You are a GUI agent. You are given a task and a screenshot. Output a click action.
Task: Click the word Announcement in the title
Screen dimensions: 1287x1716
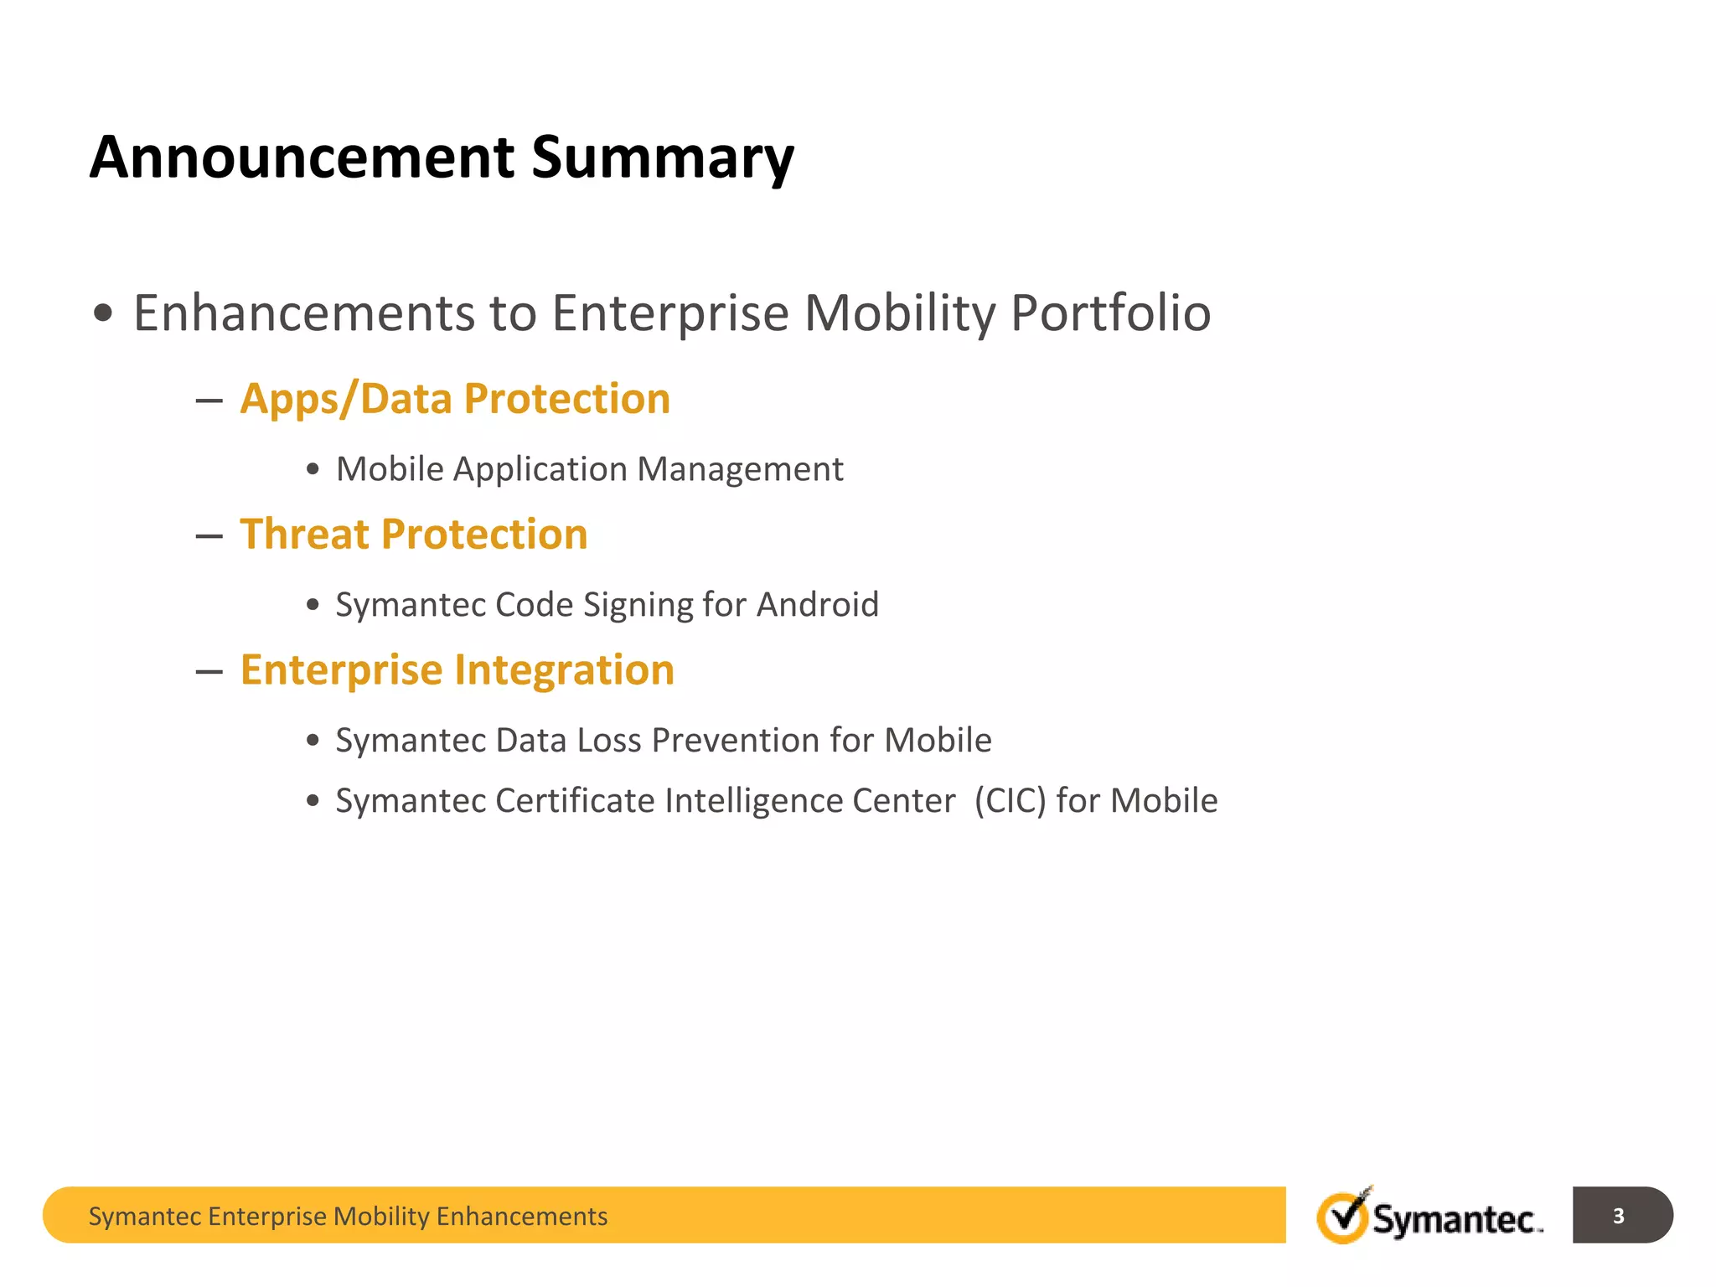click(x=302, y=158)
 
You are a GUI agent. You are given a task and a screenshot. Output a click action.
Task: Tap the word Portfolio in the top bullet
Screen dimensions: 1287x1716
click(x=1110, y=314)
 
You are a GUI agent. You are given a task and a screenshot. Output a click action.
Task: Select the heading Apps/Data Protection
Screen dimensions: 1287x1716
click(x=455, y=399)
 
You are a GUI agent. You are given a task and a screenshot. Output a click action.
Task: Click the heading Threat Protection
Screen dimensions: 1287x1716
click(x=414, y=535)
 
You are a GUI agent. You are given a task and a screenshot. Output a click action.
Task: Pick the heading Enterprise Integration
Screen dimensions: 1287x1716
click(x=457, y=670)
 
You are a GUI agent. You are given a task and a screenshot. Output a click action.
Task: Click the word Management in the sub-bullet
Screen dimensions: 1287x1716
click(x=740, y=470)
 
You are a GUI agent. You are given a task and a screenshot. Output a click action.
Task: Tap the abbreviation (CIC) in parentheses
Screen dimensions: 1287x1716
click(x=1010, y=801)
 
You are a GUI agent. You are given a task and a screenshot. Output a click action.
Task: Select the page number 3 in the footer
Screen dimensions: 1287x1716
click(x=1618, y=1216)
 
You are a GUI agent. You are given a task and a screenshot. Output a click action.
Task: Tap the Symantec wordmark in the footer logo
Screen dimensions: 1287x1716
click(x=1456, y=1219)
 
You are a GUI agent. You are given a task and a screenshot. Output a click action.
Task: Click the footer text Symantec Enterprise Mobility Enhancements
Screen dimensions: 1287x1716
click(x=348, y=1217)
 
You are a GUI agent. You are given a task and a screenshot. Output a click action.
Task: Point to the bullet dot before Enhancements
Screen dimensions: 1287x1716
click(x=103, y=314)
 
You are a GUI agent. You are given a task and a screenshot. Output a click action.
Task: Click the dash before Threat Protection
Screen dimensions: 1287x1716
click(x=209, y=536)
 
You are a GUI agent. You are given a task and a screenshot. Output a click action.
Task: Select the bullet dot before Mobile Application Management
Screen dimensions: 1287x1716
click(x=313, y=469)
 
